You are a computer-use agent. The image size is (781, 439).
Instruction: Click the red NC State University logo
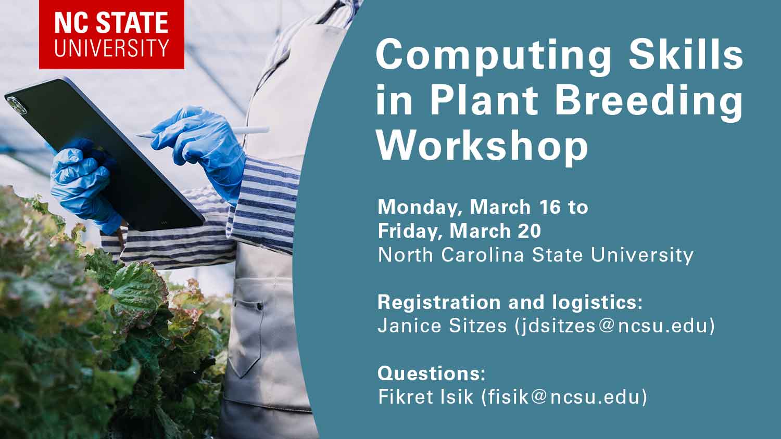[111, 34]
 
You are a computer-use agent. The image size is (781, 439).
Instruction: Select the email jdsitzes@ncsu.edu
[615, 326]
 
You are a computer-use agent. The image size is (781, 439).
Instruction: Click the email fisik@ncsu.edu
[564, 397]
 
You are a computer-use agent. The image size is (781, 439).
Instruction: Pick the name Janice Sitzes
[442, 326]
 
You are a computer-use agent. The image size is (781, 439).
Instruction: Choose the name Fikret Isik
[426, 397]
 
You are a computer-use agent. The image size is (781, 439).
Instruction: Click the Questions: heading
[431, 373]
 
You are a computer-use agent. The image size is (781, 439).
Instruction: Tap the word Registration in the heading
[440, 303]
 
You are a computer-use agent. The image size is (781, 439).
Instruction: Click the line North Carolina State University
[536, 255]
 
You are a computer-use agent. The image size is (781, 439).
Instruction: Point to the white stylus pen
[203, 132]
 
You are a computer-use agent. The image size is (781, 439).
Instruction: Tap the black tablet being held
[105, 153]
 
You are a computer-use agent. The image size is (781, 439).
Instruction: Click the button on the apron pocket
[260, 306]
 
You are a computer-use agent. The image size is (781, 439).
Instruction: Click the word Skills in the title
[686, 54]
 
